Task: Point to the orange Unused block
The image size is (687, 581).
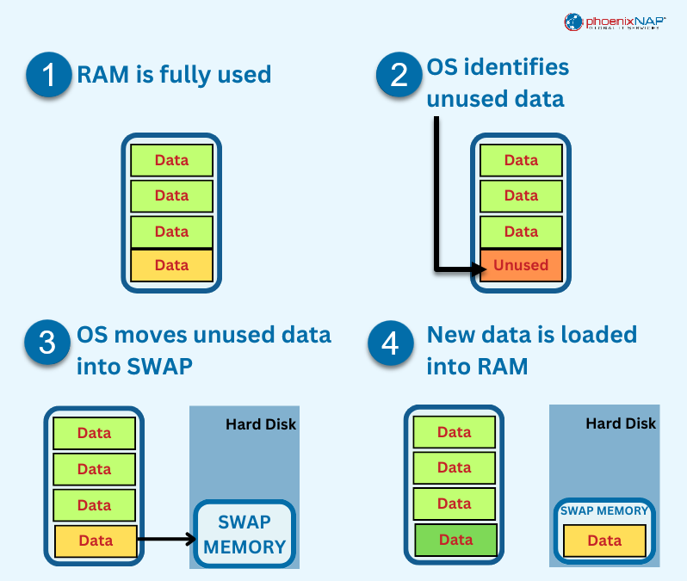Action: [x=521, y=265]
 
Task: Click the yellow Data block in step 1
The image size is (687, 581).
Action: [x=171, y=265]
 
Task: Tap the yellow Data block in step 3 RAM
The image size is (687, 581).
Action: [x=96, y=541]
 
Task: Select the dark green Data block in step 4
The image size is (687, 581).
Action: [x=455, y=540]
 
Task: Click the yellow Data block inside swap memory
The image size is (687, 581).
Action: [x=604, y=541]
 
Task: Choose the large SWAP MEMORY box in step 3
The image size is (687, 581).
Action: [x=244, y=534]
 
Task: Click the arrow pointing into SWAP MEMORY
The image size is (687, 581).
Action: [x=167, y=541]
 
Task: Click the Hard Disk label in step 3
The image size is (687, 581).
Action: [x=261, y=424]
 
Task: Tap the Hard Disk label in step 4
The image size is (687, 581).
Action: [x=621, y=423]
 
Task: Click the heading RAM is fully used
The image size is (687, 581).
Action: [x=174, y=75]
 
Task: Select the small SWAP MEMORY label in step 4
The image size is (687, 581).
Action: [x=604, y=510]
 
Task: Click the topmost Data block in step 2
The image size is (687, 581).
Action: [x=521, y=160]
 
